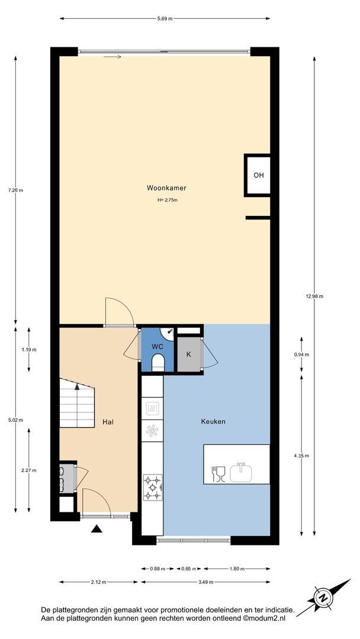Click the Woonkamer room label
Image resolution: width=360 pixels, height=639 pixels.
click(x=166, y=188)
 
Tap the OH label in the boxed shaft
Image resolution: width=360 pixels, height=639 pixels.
click(x=259, y=175)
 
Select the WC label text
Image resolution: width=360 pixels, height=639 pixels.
click(x=157, y=346)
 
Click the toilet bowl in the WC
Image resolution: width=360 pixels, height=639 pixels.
click(x=157, y=362)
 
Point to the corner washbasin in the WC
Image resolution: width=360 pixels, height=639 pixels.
click(x=168, y=333)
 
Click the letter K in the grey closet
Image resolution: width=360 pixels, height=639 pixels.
click(x=188, y=354)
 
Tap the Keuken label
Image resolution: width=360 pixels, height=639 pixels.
click(x=213, y=422)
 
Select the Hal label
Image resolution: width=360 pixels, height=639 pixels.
click(x=108, y=422)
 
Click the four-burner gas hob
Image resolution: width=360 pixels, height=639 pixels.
click(x=153, y=488)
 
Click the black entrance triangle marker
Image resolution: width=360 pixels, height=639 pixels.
click(x=97, y=528)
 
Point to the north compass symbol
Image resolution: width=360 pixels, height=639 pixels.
click(x=323, y=598)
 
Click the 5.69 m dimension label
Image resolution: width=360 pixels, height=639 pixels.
click(x=165, y=18)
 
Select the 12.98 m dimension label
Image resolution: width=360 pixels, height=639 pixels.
click(x=314, y=296)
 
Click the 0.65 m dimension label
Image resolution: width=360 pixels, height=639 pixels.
click(x=188, y=569)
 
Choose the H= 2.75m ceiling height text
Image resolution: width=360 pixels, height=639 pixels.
click(x=167, y=200)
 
